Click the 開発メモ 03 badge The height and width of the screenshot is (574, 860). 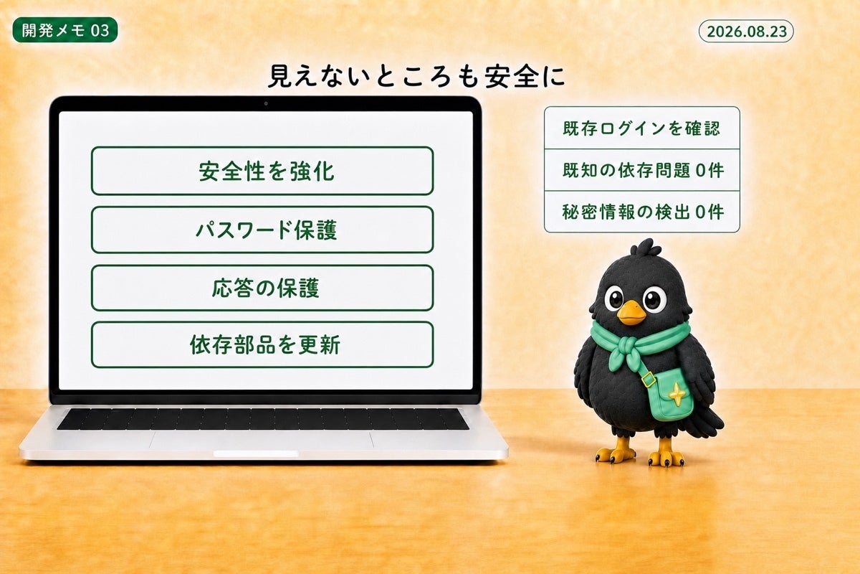pyautogui.click(x=65, y=30)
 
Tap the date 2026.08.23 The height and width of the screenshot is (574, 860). pyautogui.click(x=746, y=31)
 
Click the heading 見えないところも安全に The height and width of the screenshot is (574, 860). pyautogui.click(x=416, y=76)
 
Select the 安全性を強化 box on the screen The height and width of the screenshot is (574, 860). pyautogui.click(x=262, y=171)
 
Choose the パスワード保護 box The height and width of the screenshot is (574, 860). pyautogui.click(x=262, y=230)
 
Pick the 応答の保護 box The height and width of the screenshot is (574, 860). pyautogui.click(x=262, y=288)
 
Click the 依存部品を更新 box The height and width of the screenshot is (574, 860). pyautogui.click(x=262, y=344)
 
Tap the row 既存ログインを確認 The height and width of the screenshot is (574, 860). pyautogui.click(x=642, y=128)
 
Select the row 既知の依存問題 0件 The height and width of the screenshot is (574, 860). pyautogui.click(x=642, y=170)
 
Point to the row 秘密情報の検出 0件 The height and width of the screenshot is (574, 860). pyautogui.click(x=642, y=212)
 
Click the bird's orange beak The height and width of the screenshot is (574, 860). pyautogui.click(x=631, y=313)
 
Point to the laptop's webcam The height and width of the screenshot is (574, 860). pyautogui.click(x=266, y=103)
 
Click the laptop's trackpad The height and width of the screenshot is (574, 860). pyautogui.click(x=261, y=440)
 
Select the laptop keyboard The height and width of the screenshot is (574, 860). pyautogui.click(x=263, y=419)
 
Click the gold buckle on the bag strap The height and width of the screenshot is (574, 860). pyautogui.click(x=648, y=380)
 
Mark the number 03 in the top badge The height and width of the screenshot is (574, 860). pyautogui.click(x=100, y=30)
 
